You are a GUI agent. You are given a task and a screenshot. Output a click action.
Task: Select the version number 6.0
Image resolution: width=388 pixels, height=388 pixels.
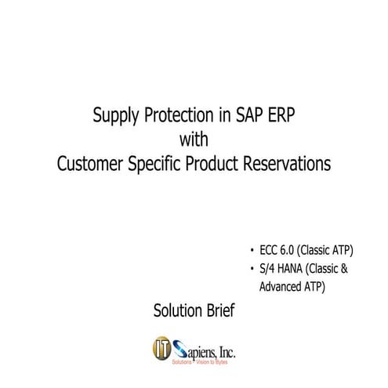[x=292, y=251]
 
